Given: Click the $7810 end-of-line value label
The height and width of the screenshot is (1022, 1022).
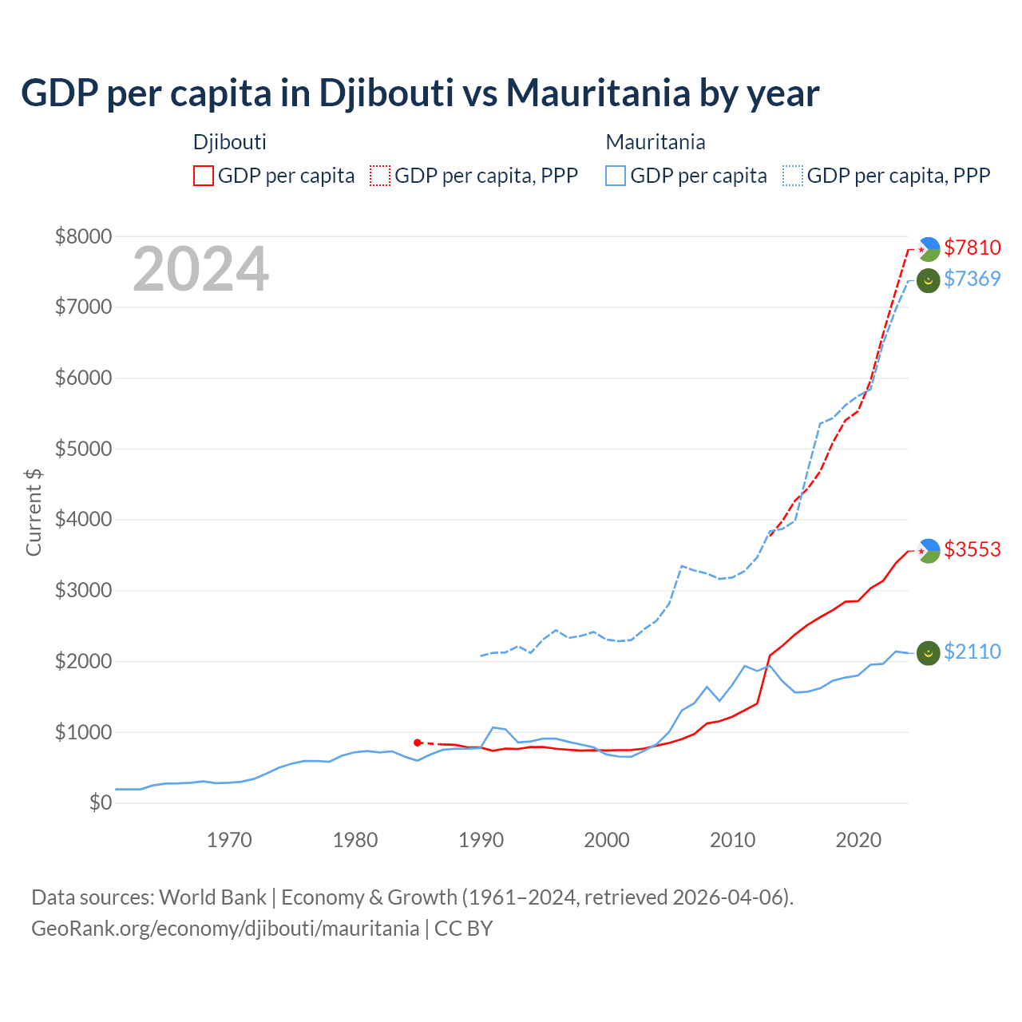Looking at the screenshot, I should (972, 248).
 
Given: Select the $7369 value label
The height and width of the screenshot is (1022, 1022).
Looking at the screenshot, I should (972, 279).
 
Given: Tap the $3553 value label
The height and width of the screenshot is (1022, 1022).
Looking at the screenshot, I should (972, 549).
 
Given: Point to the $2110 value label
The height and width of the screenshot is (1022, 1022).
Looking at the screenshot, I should (972, 652).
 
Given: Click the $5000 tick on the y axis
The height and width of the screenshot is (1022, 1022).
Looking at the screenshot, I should (83, 449).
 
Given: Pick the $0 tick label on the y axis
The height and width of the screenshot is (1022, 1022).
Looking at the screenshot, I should (100, 802).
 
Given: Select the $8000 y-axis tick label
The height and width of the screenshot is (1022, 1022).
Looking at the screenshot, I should (83, 236).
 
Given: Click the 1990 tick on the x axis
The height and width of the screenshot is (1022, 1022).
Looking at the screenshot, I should (481, 840).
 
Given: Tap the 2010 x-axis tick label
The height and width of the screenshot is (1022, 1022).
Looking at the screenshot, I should (732, 840).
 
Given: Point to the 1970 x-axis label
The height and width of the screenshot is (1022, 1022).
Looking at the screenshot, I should (229, 840).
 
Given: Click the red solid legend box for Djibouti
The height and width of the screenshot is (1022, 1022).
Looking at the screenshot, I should (204, 176).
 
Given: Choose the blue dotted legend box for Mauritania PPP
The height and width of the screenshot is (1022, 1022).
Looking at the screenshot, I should (793, 176).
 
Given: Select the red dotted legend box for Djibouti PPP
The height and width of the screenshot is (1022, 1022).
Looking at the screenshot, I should (381, 176).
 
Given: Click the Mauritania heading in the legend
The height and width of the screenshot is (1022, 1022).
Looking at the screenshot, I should (656, 142).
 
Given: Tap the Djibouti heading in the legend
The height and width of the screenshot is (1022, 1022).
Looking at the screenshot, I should (230, 142).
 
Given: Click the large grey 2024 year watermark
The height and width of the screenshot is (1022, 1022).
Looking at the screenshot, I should (200, 270).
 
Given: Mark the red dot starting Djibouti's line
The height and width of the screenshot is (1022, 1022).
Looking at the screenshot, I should (418, 743).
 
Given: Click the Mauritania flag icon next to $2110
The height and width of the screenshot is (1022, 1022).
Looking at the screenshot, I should (928, 653).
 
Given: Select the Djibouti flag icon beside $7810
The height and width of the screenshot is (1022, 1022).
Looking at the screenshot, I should (929, 249).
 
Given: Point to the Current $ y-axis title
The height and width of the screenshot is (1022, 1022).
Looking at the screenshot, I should (34, 512).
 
